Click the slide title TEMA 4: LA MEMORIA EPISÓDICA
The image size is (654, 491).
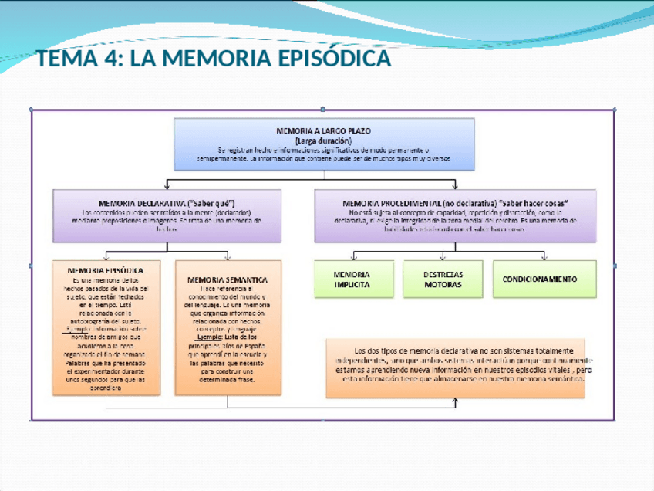tap(214, 59)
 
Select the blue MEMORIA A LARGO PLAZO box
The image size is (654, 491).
tap(323, 144)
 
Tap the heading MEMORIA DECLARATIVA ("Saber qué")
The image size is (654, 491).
tap(167, 202)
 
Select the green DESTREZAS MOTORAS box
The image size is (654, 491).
tap(443, 279)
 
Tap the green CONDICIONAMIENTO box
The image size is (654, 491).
tap(544, 279)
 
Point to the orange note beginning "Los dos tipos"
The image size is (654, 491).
tap(455, 367)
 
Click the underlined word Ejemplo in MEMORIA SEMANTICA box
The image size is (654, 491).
tap(208, 337)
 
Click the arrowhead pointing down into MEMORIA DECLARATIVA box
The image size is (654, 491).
tap(167, 187)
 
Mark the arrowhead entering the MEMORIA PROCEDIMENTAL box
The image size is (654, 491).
tap(455, 187)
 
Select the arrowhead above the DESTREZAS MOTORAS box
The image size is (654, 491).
tap(443, 257)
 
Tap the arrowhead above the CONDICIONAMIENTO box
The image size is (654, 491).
tap(544, 257)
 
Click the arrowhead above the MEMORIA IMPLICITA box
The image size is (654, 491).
tap(352, 257)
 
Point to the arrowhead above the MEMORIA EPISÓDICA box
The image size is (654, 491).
tap(106, 257)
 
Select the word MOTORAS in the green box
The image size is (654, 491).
tap(443, 284)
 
